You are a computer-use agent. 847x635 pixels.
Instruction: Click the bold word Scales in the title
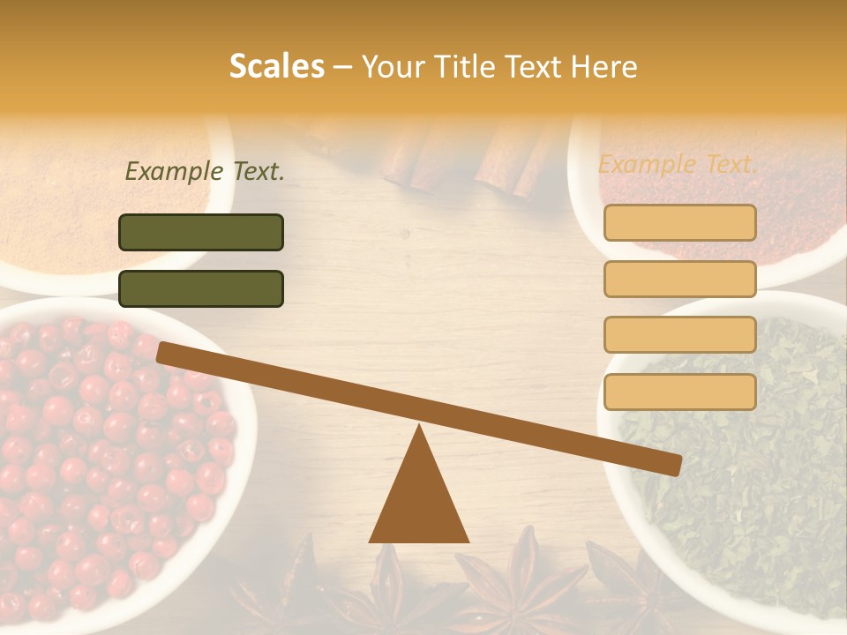coord(276,67)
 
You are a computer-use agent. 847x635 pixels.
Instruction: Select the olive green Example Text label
coord(205,171)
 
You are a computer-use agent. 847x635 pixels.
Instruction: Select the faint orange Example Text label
coord(678,164)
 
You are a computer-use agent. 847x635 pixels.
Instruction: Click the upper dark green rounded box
coord(201,232)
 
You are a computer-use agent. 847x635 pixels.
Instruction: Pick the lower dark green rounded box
coord(201,288)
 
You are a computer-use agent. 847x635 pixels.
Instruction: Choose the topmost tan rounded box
coord(679,222)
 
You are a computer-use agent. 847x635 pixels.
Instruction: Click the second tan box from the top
coord(679,279)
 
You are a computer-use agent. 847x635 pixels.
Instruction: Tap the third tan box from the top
coord(679,335)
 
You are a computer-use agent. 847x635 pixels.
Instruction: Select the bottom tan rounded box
coord(679,392)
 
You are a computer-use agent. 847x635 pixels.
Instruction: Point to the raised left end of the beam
coord(168,353)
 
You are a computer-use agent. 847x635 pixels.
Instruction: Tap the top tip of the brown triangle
coord(419,428)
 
